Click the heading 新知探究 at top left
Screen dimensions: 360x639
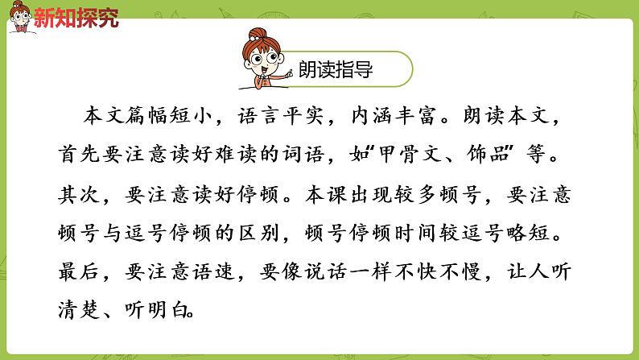point(76,17)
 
